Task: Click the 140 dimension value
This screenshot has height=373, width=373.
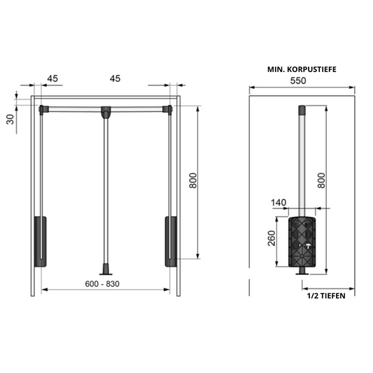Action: tap(280, 202)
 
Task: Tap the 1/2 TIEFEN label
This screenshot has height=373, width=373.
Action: tap(326, 295)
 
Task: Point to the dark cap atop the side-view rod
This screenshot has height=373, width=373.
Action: tap(303, 110)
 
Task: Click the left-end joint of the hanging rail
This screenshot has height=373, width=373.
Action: tap(43, 109)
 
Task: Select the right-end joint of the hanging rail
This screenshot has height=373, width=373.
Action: tap(168, 109)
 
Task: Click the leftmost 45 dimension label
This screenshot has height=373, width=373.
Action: tap(51, 79)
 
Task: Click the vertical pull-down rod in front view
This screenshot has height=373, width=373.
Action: tap(106, 189)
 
